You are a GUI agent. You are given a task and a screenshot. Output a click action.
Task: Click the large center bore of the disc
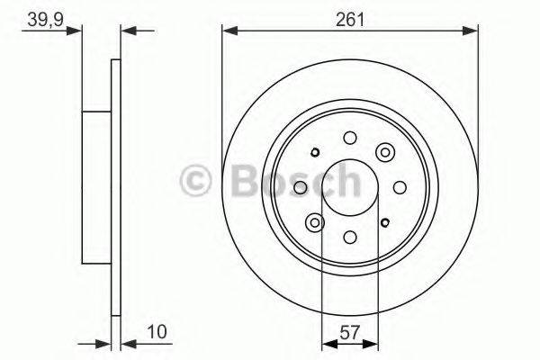(349, 187)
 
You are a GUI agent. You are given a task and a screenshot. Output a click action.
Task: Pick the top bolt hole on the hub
(349, 137)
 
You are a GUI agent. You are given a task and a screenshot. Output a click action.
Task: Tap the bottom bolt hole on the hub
(349, 238)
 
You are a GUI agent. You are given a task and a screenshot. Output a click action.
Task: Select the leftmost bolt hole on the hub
(300, 187)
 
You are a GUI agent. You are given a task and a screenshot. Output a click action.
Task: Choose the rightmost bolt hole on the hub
(400, 187)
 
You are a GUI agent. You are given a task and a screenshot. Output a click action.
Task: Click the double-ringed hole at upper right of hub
(386, 152)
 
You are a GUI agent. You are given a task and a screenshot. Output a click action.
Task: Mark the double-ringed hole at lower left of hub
(314, 222)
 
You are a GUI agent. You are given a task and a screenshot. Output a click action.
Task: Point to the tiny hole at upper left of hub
(314, 152)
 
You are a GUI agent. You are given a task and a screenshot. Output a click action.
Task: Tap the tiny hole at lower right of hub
(385, 222)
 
